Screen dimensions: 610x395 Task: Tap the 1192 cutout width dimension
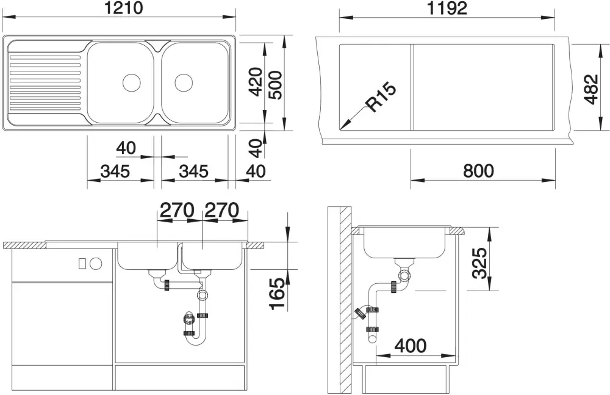tap(447, 8)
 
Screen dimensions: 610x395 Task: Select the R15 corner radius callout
tap(381, 98)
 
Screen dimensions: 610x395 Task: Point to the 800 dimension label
tap(478, 170)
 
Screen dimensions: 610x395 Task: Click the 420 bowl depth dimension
tap(255, 81)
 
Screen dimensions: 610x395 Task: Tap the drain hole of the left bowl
tap(132, 82)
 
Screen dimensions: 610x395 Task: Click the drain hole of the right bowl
tap(184, 82)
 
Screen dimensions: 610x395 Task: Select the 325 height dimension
tap(479, 263)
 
